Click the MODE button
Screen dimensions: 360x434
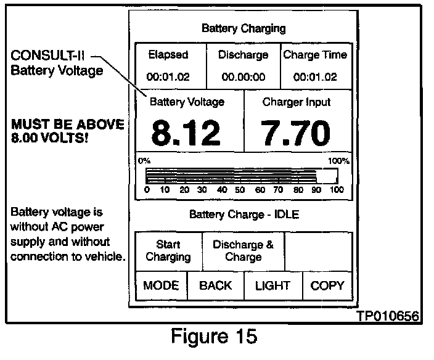[160, 285]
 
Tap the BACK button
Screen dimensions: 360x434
[215, 285]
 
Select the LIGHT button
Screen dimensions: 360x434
[272, 285]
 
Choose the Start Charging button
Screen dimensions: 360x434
[168, 251]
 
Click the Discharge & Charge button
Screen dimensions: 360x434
[243, 251]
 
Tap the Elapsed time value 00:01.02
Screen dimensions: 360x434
[168, 77]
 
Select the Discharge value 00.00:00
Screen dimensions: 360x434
[243, 77]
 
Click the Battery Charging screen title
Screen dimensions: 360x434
[244, 28]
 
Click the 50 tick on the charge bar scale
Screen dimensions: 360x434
[240, 190]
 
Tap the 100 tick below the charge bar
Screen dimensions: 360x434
[337, 190]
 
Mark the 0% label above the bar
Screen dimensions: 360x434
[144, 160]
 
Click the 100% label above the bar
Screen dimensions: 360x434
[338, 160]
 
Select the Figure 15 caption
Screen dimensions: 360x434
[213, 338]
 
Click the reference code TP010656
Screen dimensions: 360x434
[388, 316]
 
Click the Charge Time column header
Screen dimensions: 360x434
[314, 55]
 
